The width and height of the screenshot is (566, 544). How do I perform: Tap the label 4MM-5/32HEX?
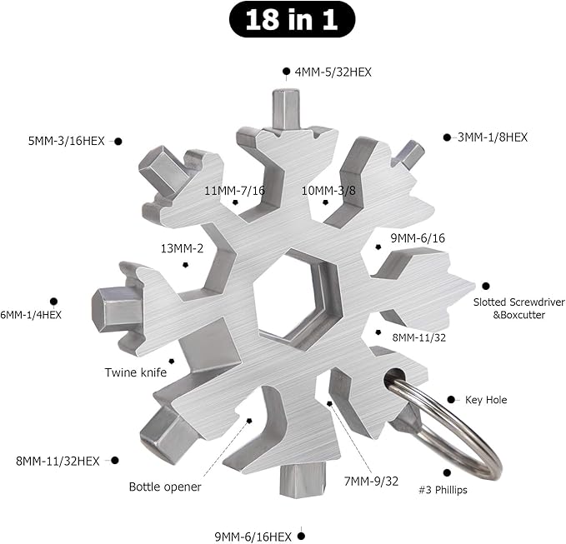333,72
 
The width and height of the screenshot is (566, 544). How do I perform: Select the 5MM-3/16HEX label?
66,141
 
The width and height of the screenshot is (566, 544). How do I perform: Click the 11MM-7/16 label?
234,191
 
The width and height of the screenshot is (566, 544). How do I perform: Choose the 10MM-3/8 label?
328,190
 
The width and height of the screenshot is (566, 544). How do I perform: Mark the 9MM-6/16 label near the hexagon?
418,238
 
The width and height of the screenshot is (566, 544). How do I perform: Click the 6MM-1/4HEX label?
31,315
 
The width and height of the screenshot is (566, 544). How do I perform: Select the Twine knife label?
135,372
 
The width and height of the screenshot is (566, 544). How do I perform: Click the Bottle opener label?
165,487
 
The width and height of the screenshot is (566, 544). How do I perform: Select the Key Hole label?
486,400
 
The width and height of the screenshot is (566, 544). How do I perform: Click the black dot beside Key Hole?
452,400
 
